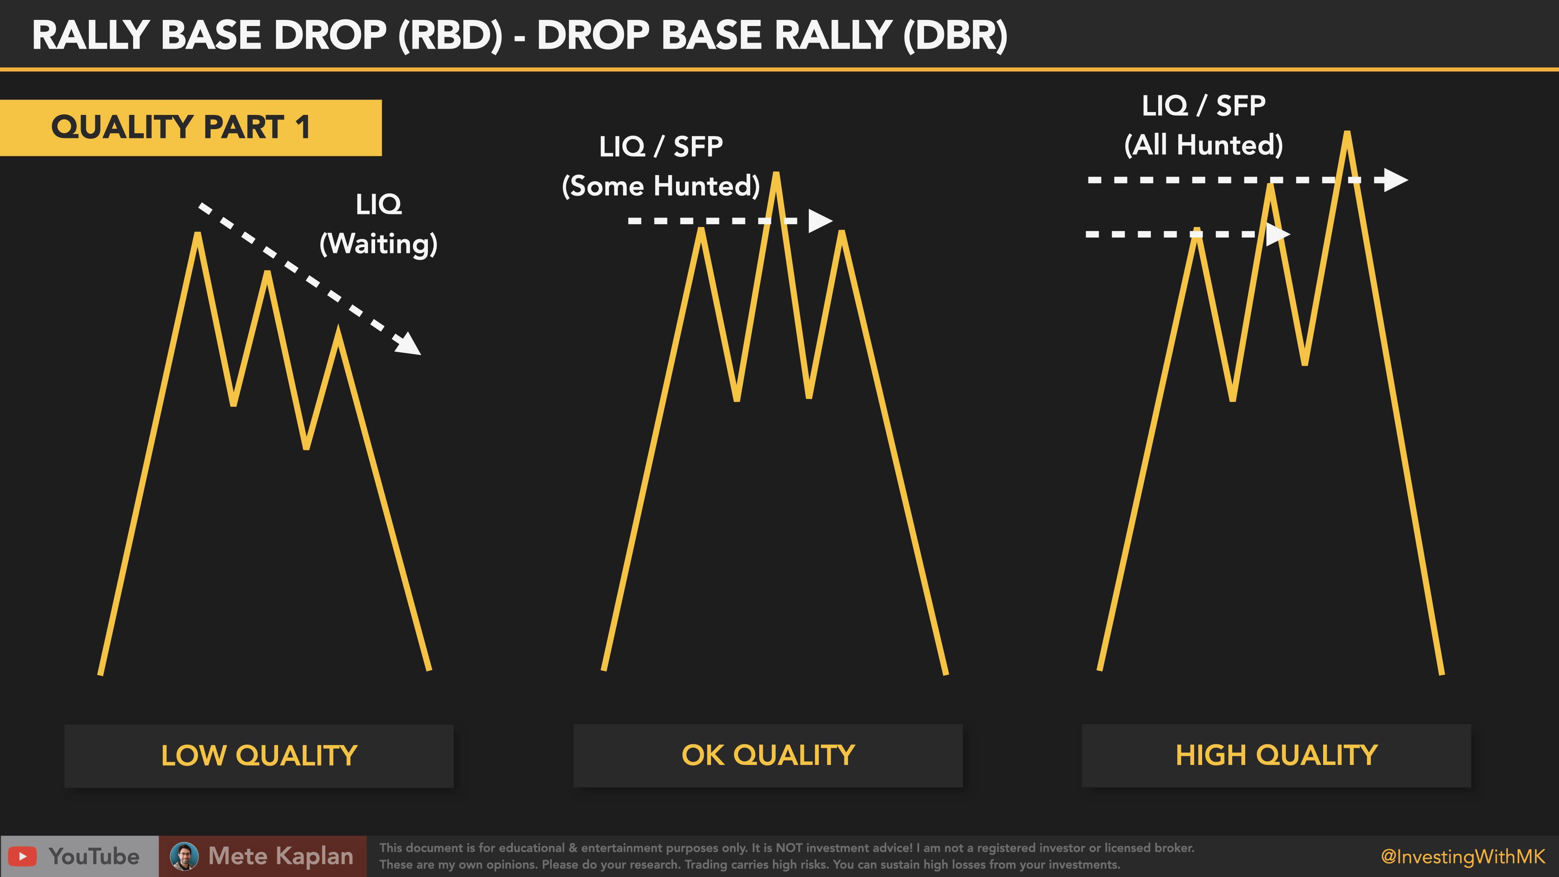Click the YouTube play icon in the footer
[x=22, y=856]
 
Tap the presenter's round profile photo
[x=184, y=856]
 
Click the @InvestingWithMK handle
[x=1463, y=856]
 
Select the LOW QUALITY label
[x=259, y=755]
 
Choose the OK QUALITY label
[x=768, y=755]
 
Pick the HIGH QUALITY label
[x=1276, y=755]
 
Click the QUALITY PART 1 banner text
[x=180, y=127]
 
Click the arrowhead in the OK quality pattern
[x=821, y=221]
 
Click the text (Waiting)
[x=378, y=244]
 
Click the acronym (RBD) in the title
[x=450, y=35]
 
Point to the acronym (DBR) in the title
[x=956, y=35]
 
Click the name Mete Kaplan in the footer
[x=281, y=856]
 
